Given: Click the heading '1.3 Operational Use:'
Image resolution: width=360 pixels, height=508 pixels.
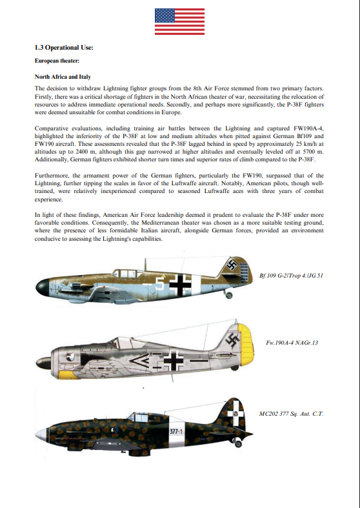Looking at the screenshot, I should pyautogui.click(x=64, y=48).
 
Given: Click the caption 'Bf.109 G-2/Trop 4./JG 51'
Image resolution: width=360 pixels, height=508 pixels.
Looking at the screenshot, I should pyautogui.click(x=290, y=275).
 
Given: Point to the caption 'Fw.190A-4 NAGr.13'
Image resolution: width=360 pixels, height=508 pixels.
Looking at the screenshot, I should pyautogui.click(x=292, y=342).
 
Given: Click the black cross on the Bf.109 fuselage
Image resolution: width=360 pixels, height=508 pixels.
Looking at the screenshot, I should pyautogui.click(x=183, y=282).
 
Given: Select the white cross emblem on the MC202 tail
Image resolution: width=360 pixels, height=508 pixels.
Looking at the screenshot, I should pyautogui.click(x=236, y=409).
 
